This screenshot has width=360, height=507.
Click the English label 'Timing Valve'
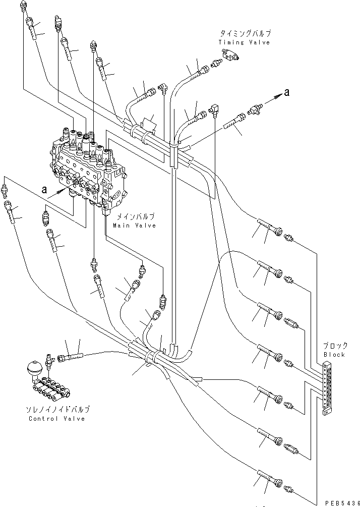pyautogui.click(x=244, y=42)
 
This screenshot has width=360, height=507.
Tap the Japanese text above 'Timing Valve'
pyautogui.click(x=244, y=33)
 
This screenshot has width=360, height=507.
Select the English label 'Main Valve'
pyautogui.click(x=134, y=226)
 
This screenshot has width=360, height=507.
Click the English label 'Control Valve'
pyautogui.click(x=56, y=418)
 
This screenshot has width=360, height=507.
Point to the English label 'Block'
pyautogui.click(x=334, y=354)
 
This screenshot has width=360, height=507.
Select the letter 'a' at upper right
pyautogui.click(x=286, y=92)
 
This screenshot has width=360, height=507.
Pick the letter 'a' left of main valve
pyautogui.click(x=45, y=190)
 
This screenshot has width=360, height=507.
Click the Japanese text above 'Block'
pyautogui.click(x=335, y=346)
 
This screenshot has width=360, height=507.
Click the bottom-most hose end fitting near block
pyautogui.click(x=288, y=488)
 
